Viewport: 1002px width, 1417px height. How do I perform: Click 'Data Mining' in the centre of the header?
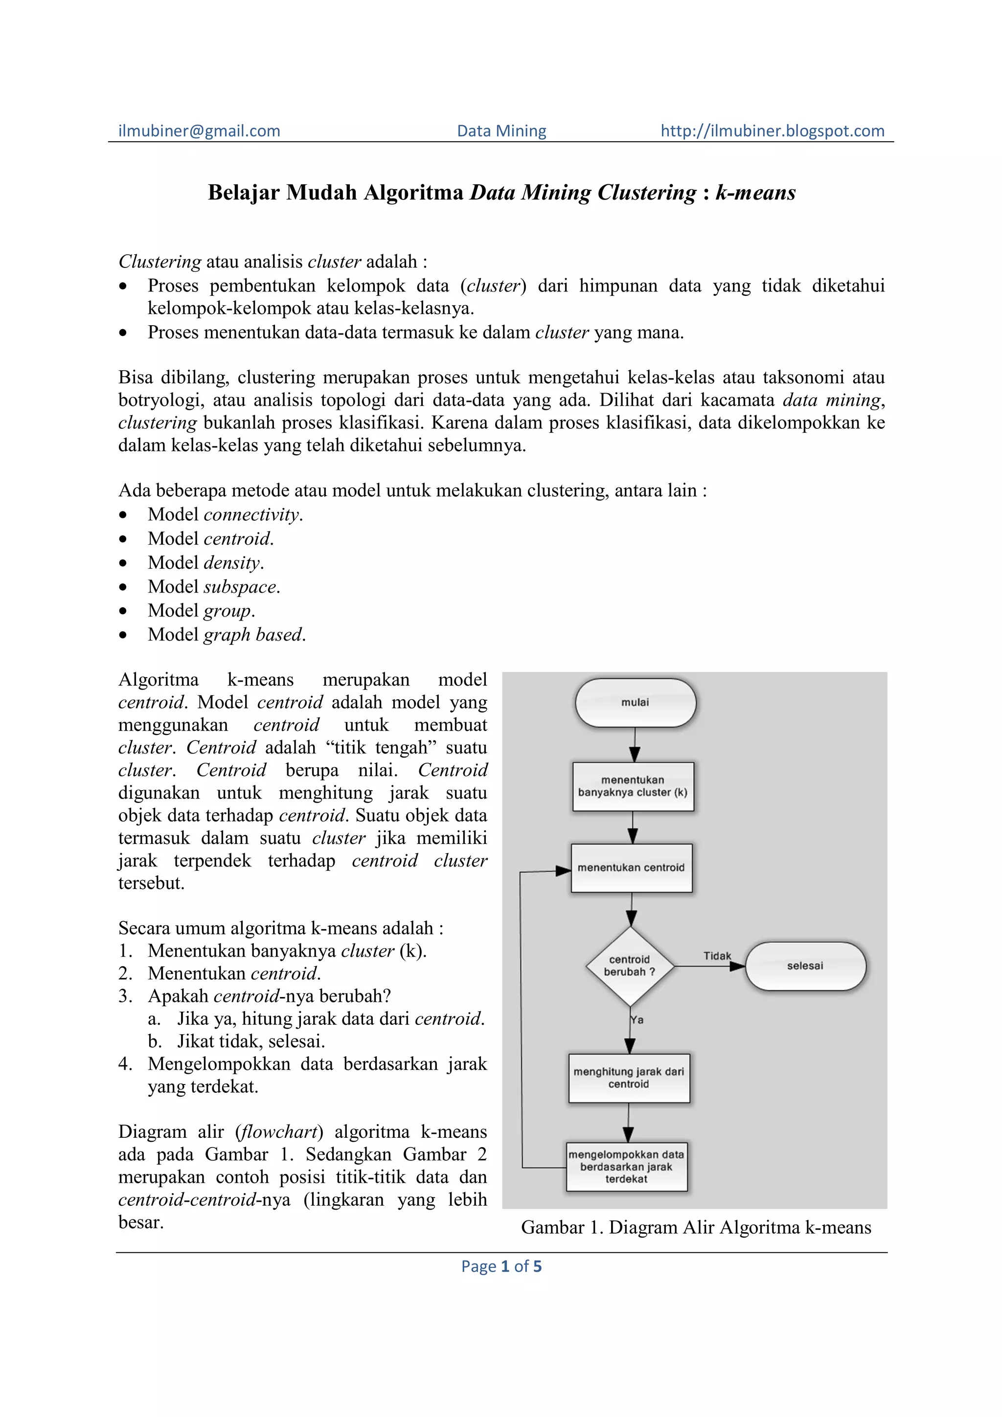pyautogui.click(x=501, y=131)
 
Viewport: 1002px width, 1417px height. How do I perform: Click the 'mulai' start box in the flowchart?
pyautogui.click(x=635, y=702)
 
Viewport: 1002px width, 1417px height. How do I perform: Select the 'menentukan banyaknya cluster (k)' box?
pyautogui.click(x=633, y=786)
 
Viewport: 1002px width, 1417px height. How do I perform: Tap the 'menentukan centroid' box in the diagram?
pyautogui.click(x=631, y=868)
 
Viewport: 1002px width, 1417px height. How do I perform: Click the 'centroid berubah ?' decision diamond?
pyautogui.click(x=629, y=966)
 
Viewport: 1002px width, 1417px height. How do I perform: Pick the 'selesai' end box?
pyautogui.click(x=804, y=966)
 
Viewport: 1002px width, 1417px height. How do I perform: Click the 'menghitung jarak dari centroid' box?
pyautogui.click(x=629, y=1078)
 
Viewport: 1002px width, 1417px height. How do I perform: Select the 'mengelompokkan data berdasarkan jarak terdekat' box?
pyautogui.click(x=626, y=1167)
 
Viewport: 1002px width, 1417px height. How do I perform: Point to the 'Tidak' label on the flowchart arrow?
pyautogui.click(x=717, y=956)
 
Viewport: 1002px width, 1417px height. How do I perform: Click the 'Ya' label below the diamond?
pyautogui.click(x=637, y=1019)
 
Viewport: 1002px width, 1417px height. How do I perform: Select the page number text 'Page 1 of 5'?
pyautogui.click(x=501, y=1266)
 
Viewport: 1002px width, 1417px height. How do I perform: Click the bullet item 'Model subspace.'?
pyautogui.click(x=214, y=586)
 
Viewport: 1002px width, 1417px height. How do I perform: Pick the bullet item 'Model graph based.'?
pyautogui.click(x=227, y=635)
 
